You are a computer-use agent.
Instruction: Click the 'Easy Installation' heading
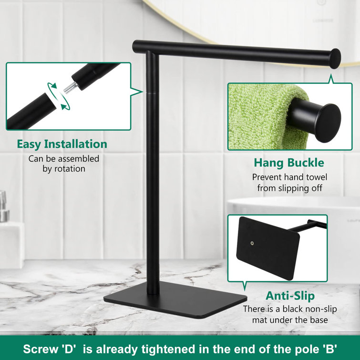coord(62,144)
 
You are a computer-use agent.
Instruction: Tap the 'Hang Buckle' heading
coord(288,163)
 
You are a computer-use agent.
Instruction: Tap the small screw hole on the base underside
coord(252,243)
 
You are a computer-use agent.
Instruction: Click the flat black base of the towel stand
coord(162,302)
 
